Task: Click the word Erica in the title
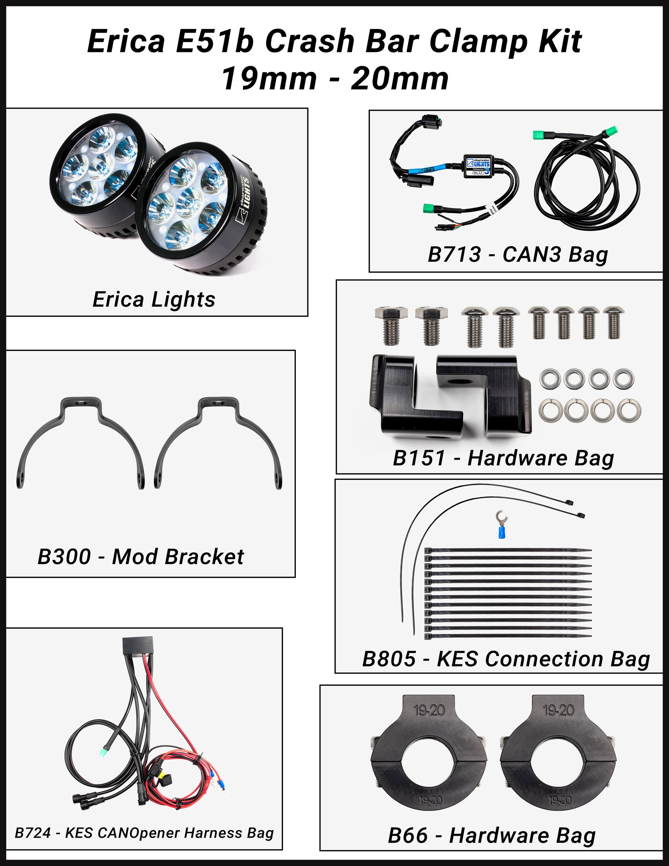[x=126, y=41]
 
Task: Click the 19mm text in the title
[x=269, y=78]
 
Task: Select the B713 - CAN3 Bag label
[x=517, y=254]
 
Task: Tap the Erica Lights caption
[x=154, y=299]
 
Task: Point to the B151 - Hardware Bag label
[x=503, y=458]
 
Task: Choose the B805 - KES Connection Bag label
[x=506, y=659]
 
